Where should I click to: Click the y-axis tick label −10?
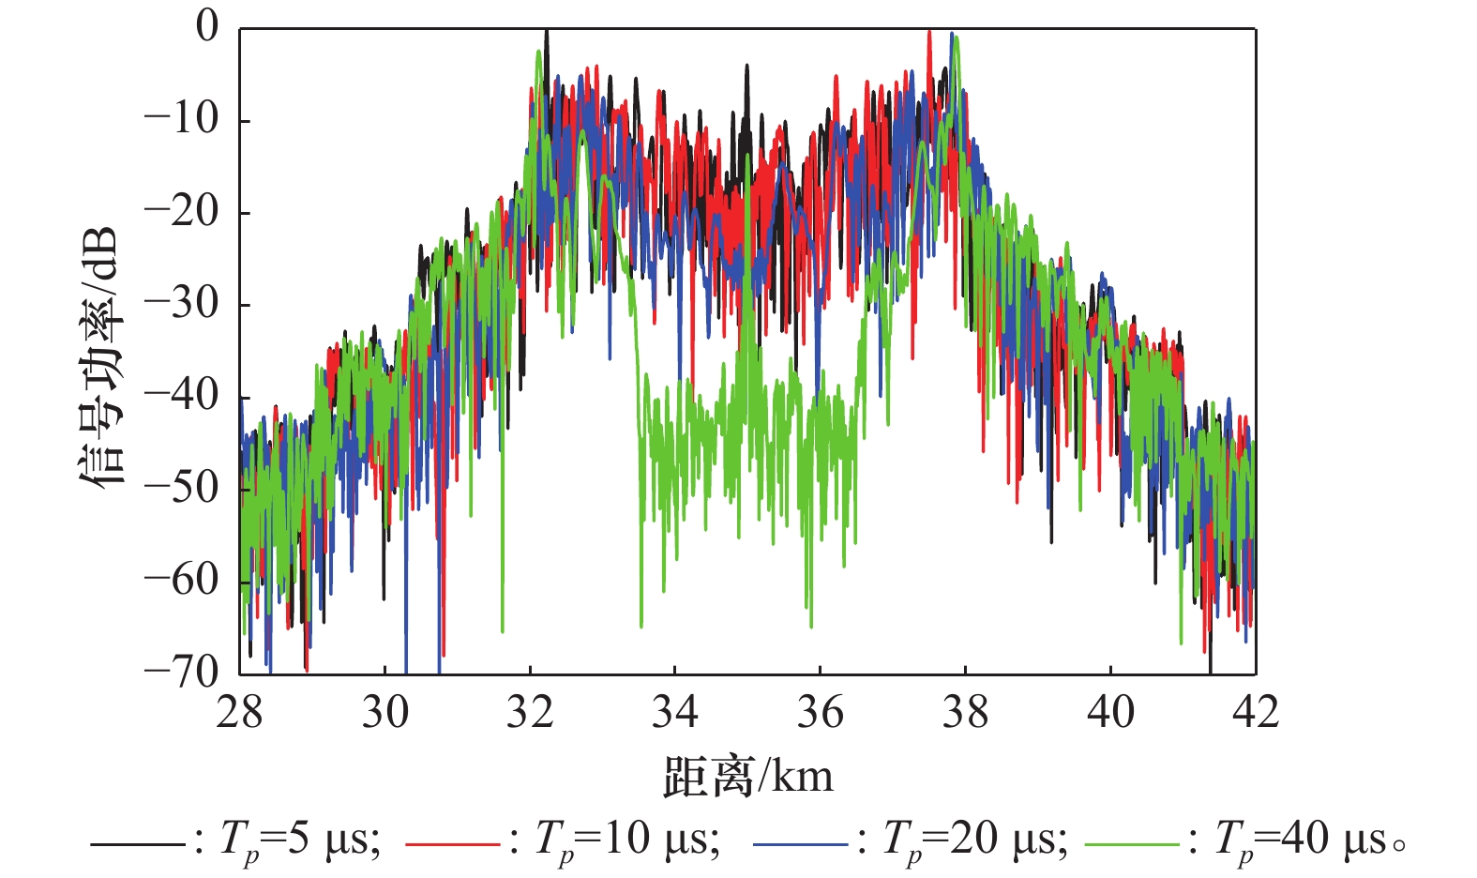pos(180,119)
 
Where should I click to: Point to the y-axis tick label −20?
pos(180,211)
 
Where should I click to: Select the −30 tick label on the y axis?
pos(180,303)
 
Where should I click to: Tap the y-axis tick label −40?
pos(180,395)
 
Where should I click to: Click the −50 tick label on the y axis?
pos(180,487)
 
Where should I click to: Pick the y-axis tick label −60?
pos(180,579)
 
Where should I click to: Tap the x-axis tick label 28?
pos(239,713)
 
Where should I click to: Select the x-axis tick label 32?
pos(530,713)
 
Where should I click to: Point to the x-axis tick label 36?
pos(820,713)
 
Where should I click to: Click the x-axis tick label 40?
pos(1110,713)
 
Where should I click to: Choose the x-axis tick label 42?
pos(1255,713)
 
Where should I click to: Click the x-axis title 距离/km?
pos(747,778)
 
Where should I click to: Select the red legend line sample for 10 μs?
pos(452,845)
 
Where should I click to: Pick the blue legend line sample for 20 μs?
pos(800,845)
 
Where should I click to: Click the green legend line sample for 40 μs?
pos(1131,845)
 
